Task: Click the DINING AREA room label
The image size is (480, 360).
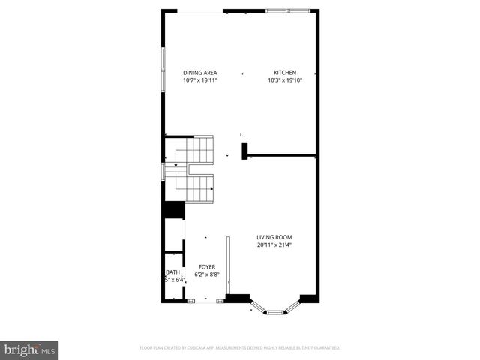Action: pos(199,73)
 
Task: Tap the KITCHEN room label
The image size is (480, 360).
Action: pos(284,73)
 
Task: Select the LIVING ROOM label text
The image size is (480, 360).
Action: pos(274,237)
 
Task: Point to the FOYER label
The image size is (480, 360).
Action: pos(207,267)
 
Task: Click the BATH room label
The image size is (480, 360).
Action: pos(172,272)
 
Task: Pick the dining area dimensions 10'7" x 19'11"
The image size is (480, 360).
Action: pos(199,80)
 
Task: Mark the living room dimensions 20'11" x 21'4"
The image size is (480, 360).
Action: pos(274,244)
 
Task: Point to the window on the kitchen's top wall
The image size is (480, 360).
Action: pos(288,11)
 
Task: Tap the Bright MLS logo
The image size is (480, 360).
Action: pos(30,349)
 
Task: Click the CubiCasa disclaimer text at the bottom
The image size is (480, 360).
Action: pos(240,348)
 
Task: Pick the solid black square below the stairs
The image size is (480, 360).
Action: pos(174,211)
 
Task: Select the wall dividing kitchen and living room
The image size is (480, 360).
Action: pos(282,157)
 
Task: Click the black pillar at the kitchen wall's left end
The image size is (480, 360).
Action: pos(244,151)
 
